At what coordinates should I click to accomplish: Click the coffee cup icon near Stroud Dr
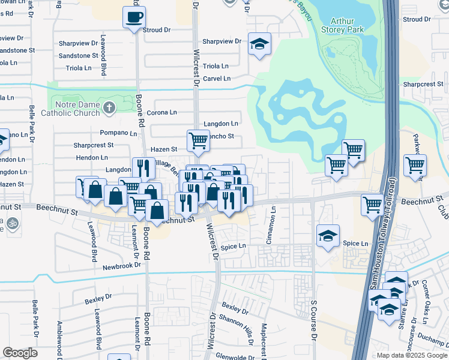134,16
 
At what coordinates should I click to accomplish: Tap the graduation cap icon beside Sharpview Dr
259,44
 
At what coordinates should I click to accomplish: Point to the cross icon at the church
108,107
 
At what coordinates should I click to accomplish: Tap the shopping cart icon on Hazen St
198,141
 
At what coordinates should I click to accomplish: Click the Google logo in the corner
20,353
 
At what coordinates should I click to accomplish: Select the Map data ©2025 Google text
411,355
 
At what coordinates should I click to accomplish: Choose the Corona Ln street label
161,112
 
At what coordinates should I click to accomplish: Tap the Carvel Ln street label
216,79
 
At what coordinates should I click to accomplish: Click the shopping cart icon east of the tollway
415,165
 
